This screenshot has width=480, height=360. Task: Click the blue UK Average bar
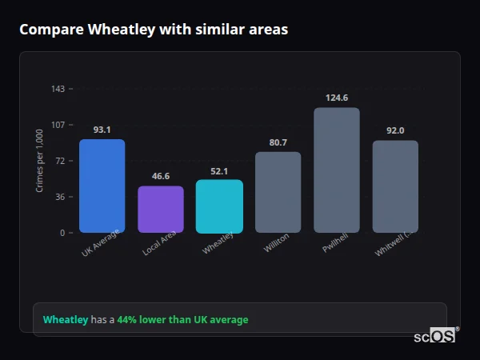click(x=102, y=186)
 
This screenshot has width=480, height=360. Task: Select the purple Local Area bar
click(x=161, y=210)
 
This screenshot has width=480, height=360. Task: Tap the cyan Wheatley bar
click(x=219, y=206)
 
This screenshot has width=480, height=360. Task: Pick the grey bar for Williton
click(x=278, y=192)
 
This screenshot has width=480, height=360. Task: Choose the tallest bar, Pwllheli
click(x=337, y=170)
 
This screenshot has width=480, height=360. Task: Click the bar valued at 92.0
click(x=395, y=186)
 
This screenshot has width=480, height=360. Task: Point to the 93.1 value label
click(x=102, y=130)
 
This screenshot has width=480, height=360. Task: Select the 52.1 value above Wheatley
click(x=219, y=170)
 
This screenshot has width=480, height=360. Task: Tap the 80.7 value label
click(x=278, y=142)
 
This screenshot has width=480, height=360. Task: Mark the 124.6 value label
click(x=337, y=98)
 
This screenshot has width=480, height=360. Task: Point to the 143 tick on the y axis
click(x=58, y=89)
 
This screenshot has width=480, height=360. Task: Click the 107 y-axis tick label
click(x=58, y=125)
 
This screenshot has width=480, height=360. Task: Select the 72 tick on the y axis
click(x=60, y=161)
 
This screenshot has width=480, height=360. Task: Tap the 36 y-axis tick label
click(x=60, y=197)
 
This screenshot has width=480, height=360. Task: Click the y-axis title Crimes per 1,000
click(x=40, y=161)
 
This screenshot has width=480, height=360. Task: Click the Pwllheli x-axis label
click(x=335, y=245)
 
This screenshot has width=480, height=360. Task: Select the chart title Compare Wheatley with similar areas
click(x=154, y=30)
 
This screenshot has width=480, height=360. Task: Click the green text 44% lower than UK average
click(x=182, y=320)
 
